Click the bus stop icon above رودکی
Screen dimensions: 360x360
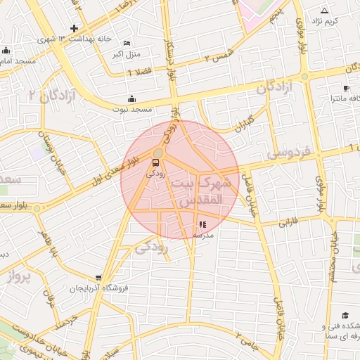click(155, 162)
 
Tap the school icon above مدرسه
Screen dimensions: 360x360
click(203, 224)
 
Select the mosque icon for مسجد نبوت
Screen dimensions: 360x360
click(131, 99)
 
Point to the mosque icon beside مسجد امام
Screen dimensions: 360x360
click(6, 50)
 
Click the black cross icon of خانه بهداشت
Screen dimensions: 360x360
click(74, 27)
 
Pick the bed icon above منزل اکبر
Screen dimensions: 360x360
click(127, 43)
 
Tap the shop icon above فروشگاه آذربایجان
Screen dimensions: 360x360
click(98, 278)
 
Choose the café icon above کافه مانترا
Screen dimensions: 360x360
click(346, 88)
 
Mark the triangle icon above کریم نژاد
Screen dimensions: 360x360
click(324, 11)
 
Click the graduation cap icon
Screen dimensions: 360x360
click(345, 315)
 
